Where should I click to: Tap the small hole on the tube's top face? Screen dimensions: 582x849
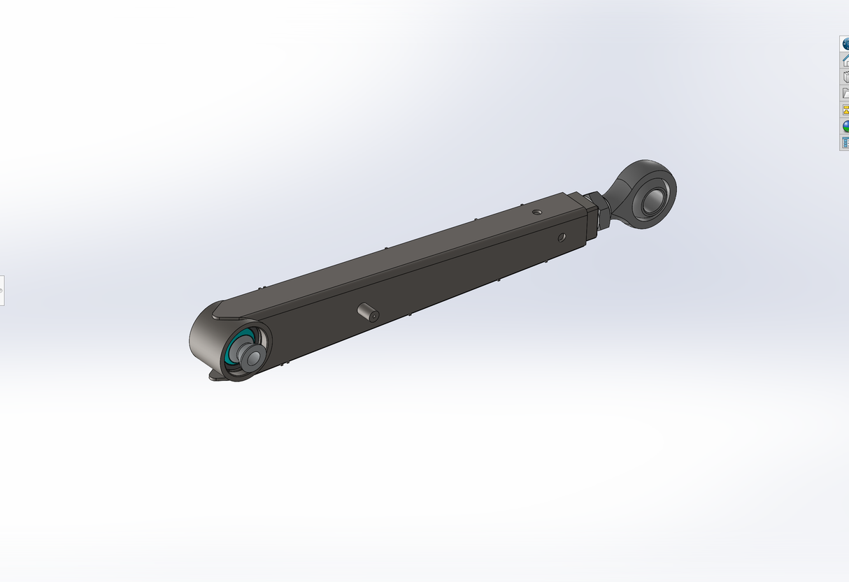tap(536, 211)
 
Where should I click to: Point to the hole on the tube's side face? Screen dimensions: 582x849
tap(562, 238)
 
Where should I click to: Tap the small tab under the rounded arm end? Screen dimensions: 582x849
tap(216, 377)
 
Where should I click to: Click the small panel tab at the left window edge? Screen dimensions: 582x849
tap(1, 290)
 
